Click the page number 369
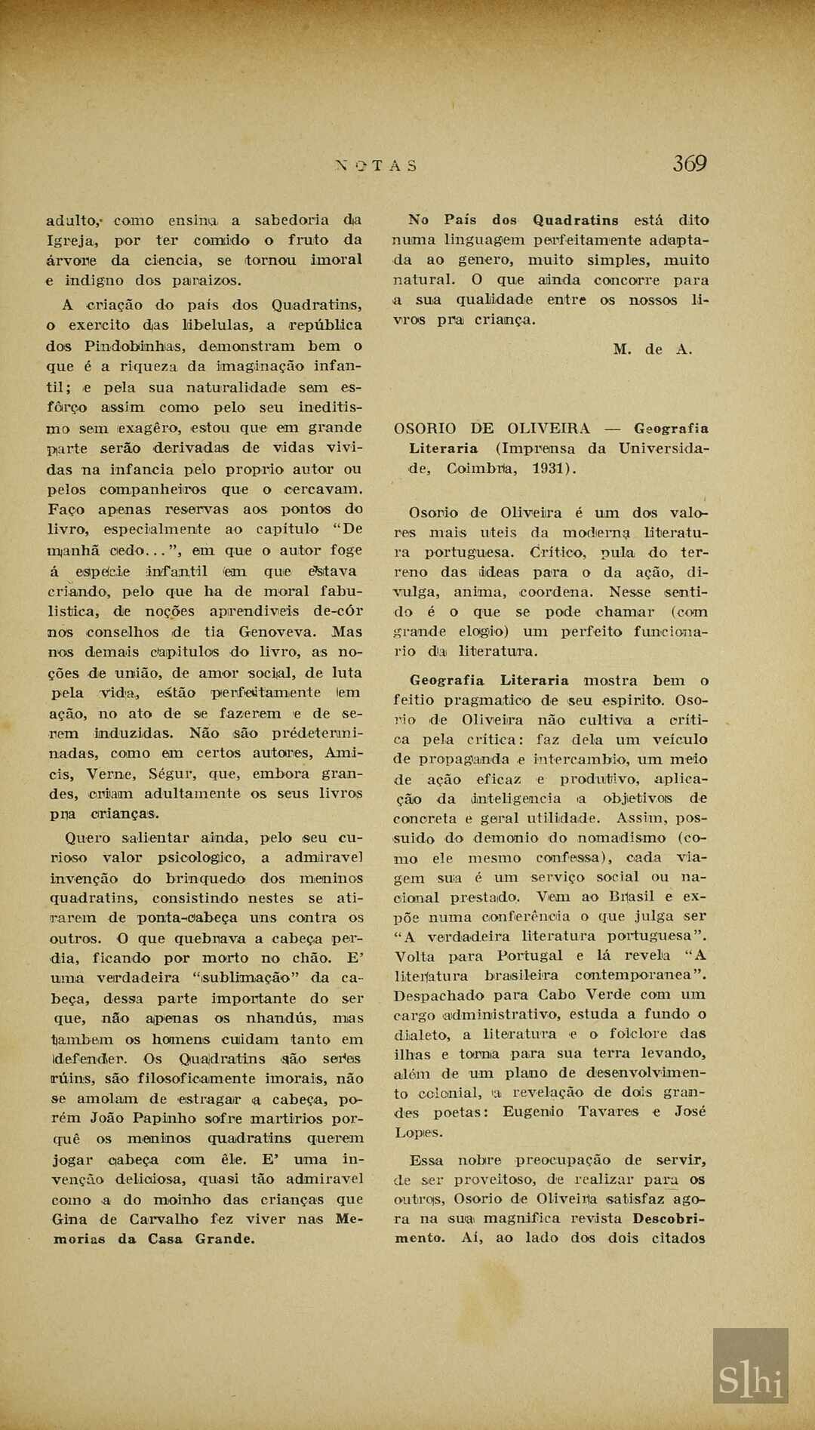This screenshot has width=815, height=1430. tap(689, 163)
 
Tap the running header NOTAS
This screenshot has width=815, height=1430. tap(375, 166)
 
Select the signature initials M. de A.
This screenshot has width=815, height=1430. tap(652, 349)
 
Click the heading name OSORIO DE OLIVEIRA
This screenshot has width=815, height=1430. tap(492, 429)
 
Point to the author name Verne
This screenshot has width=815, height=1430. tap(112, 773)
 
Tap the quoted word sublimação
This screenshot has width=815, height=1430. tap(245, 978)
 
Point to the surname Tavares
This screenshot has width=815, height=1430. tap(611, 1112)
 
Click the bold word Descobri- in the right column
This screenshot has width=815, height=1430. tap(669, 1218)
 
